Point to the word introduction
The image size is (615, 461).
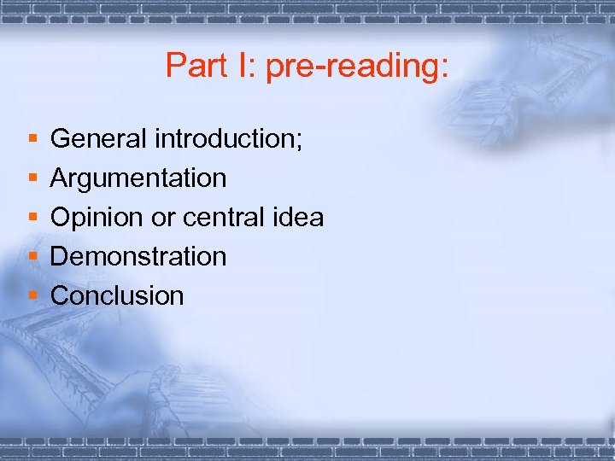click(x=226, y=138)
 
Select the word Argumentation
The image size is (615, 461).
click(x=138, y=179)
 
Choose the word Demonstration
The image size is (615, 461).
click(x=138, y=257)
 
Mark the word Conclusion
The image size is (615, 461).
click(x=117, y=296)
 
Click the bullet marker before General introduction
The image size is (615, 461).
click(x=32, y=138)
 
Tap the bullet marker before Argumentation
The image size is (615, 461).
click(x=32, y=178)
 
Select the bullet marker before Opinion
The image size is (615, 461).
click(x=32, y=218)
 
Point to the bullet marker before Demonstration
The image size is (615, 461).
click(x=32, y=257)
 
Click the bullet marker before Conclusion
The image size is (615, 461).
click(x=32, y=296)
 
